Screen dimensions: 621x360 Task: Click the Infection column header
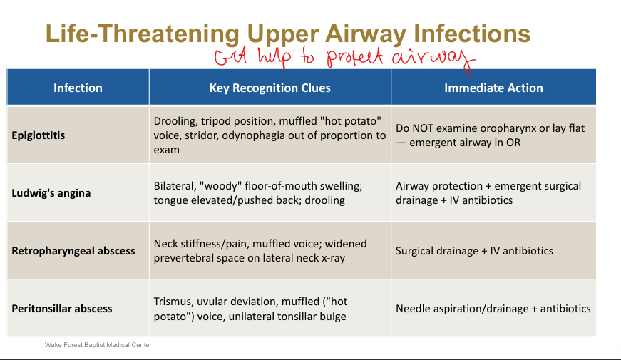[x=78, y=88]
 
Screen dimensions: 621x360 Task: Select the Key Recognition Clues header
[x=270, y=88]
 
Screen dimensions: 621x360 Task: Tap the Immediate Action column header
[x=493, y=88]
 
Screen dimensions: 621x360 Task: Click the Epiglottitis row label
[x=38, y=135]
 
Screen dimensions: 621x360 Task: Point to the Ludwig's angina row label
[x=51, y=193]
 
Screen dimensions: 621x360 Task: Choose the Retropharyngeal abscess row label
[x=73, y=251]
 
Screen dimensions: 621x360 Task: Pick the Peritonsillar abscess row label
[x=62, y=309]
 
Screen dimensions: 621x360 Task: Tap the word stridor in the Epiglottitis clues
[x=200, y=136]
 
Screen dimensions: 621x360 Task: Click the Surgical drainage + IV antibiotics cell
[x=474, y=251]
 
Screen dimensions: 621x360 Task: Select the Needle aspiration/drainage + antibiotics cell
[x=493, y=309]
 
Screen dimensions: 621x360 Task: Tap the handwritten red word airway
[x=433, y=59]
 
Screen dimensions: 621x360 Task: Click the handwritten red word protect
[x=355, y=58]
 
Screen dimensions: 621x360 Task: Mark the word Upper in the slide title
[x=283, y=35]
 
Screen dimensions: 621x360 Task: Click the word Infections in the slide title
[x=472, y=34]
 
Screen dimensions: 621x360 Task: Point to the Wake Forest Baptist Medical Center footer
[x=98, y=345]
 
